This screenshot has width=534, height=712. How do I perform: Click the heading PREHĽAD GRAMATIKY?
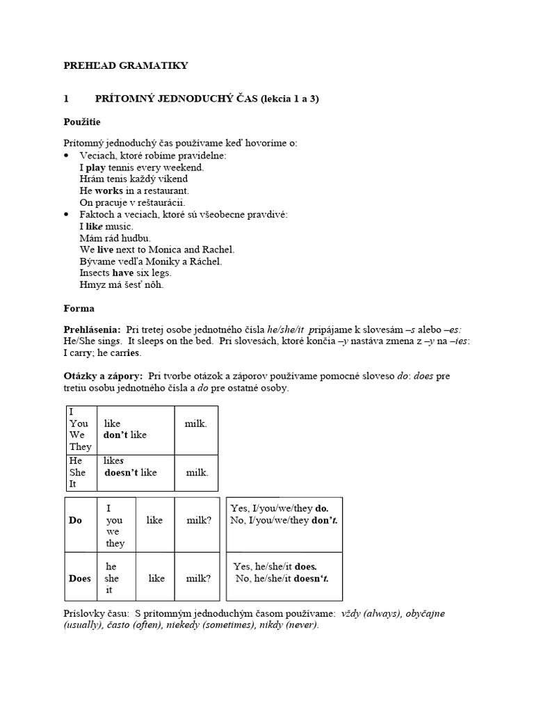coord(126,65)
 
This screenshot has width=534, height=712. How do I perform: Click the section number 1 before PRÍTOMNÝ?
coord(66,99)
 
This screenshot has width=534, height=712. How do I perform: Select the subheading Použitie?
coord(82,122)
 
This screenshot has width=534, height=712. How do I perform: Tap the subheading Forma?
coord(79,308)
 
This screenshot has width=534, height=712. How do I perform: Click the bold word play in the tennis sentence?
coord(97,168)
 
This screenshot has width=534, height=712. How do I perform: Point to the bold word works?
coord(108,191)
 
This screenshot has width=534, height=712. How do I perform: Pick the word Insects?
coord(95,273)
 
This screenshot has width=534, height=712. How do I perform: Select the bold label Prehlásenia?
coord(92,330)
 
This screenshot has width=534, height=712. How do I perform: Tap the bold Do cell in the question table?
coord(75,520)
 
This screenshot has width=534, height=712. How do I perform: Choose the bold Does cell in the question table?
coord(80,578)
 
